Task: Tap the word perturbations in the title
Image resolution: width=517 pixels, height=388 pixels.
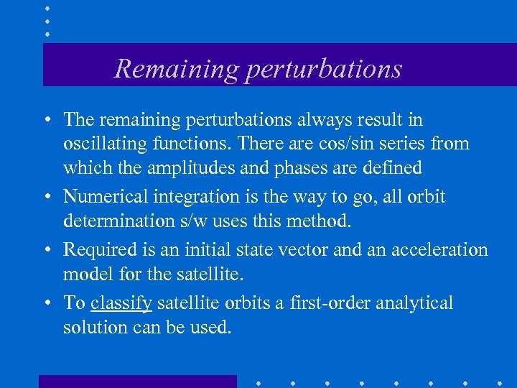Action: (322, 69)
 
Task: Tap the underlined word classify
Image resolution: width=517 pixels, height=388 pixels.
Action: (121, 302)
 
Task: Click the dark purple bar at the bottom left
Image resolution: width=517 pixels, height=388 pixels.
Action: (137, 381)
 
